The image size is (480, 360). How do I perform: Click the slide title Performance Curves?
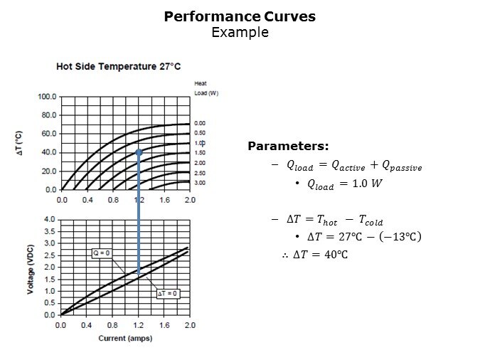pyautogui.click(x=240, y=16)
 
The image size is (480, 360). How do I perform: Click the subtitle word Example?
pyautogui.click(x=240, y=33)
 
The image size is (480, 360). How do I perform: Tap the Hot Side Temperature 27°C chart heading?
pyautogui.click(x=119, y=66)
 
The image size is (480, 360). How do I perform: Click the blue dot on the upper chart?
pyautogui.click(x=139, y=152)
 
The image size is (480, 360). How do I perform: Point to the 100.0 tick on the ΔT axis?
pyautogui.click(x=47, y=96)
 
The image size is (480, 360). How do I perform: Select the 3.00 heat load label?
pyautogui.click(x=201, y=183)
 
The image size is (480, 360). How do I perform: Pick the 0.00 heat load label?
pyautogui.click(x=201, y=123)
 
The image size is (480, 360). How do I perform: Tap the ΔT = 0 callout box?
pyautogui.click(x=168, y=293)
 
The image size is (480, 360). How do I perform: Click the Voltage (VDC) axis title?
pyautogui.click(x=30, y=268)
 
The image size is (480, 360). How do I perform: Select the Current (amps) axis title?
pyautogui.click(x=125, y=338)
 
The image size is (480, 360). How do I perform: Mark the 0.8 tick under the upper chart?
pyautogui.click(x=113, y=200)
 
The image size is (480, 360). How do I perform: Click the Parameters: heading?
pyautogui.click(x=288, y=147)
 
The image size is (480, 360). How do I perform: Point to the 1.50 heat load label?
pyautogui.click(x=201, y=153)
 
